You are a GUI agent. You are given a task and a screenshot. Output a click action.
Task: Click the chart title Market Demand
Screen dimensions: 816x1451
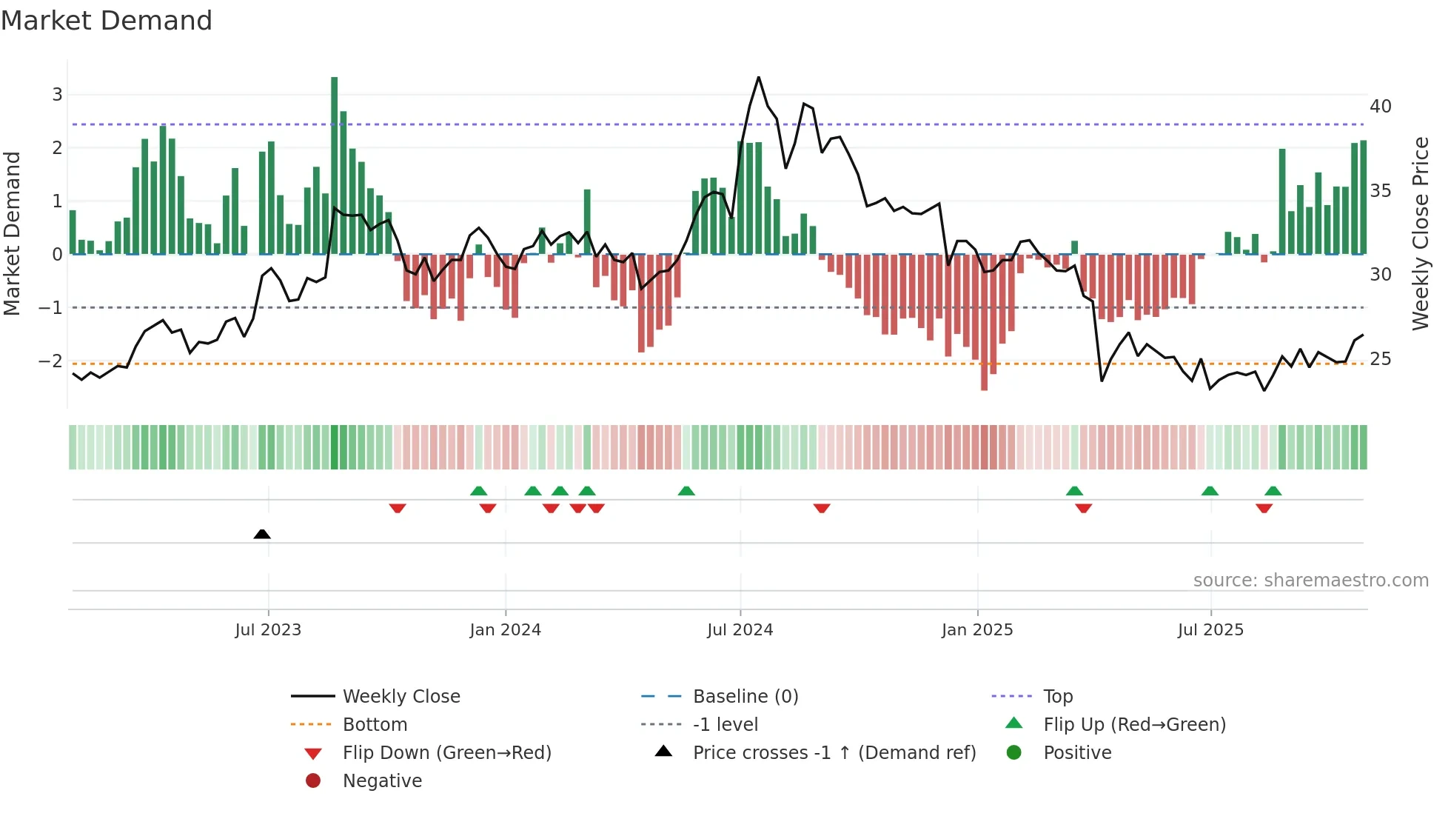pos(107,21)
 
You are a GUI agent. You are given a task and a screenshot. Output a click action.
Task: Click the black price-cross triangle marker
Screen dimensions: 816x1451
pos(262,534)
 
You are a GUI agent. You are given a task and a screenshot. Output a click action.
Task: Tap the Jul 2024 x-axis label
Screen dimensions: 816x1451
pos(740,630)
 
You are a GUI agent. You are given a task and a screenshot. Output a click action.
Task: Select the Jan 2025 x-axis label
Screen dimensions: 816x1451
pos(977,630)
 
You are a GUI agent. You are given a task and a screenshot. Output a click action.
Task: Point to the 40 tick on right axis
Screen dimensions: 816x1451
pos(1380,107)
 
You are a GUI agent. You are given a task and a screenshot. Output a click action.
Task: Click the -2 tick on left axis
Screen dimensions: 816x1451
pos(50,361)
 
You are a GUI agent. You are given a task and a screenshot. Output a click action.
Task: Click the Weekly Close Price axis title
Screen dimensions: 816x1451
pos(1420,233)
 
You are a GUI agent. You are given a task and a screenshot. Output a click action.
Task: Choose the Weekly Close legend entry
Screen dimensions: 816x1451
pos(401,697)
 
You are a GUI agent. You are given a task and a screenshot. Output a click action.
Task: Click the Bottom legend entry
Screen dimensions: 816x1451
pos(375,725)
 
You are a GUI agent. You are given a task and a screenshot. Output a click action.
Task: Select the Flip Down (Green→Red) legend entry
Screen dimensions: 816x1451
pos(446,753)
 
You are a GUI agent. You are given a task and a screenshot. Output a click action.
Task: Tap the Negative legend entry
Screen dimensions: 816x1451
pos(382,781)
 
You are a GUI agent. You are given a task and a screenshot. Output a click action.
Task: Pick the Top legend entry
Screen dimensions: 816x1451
pos(1057,697)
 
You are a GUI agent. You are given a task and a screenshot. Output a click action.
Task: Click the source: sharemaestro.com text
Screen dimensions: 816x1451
pos(1310,581)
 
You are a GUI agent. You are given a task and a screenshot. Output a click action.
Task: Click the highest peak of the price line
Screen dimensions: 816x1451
pos(759,78)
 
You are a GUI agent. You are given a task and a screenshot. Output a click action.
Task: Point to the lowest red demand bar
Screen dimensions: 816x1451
pos(984,322)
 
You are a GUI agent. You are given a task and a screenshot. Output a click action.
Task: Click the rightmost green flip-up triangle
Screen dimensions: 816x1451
pos(1273,491)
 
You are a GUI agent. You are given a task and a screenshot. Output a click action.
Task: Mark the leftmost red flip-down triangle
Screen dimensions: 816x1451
pos(398,508)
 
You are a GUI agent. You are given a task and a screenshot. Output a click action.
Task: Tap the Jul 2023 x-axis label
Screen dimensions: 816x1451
pos(268,630)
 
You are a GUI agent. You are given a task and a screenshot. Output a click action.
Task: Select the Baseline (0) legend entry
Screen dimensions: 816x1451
pos(745,697)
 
